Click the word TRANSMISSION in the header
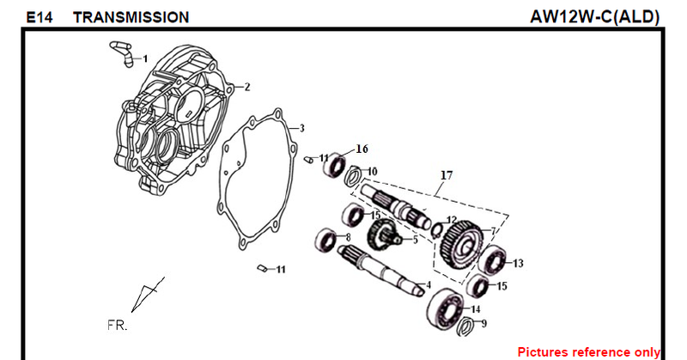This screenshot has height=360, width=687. (x=131, y=17)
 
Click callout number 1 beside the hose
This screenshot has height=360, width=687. (x=145, y=58)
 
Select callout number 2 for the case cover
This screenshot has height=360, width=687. (x=247, y=87)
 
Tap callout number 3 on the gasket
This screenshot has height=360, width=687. (x=301, y=128)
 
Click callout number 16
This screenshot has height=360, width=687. (x=362, y=149)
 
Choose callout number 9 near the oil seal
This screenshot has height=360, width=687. (x=483, y=324)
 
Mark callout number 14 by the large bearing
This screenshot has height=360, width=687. (x=475, y=309)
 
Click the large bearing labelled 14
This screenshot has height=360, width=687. (x=447, y=308)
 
